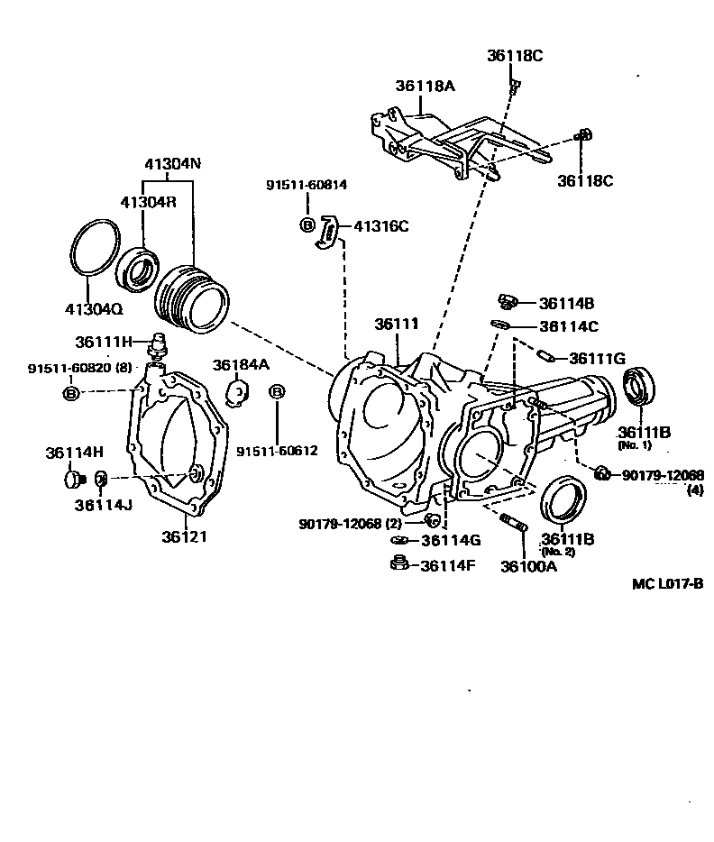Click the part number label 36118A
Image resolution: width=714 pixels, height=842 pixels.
(x=425, y=87)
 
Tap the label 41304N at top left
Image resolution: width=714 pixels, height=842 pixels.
(x=172, y=165)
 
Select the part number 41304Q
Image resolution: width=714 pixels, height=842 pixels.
(x=93, y=308)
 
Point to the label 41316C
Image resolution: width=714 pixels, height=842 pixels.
(x=380, y=226)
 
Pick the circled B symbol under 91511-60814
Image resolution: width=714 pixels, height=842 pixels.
(x=307, y=224)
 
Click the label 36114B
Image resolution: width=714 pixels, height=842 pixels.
(x=566, y=304)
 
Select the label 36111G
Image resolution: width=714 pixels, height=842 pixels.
(x=597, y=359)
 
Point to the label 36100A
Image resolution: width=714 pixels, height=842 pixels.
(x=529, y=567)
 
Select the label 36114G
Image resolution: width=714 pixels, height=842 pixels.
(x=452, y=541)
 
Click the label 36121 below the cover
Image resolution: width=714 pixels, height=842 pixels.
(x=185, y=536)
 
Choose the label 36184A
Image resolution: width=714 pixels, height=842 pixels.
(x=241, y=364)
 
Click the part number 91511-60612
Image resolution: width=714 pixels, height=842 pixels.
(x=278, y=450)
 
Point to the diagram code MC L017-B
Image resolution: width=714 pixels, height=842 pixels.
(x=667, y=584)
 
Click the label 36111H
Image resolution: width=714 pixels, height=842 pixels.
(x=105, y=342)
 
